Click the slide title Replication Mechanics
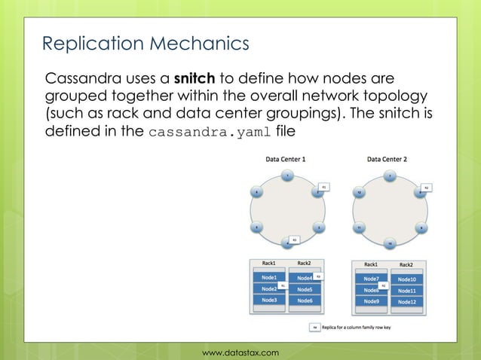(x=145, y=44)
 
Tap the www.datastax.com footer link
(x=240, y=352)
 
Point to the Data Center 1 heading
(x=285, y=160)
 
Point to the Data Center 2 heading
(x=387, y=160)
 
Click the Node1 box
(x=269, y=278)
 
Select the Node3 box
(x=269, y=300)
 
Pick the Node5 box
(x=305, y=289)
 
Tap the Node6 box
(x=305, y=301)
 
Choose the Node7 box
(x=371, y=279)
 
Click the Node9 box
(x=371, y=301)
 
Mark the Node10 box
(x=406, y=279)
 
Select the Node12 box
(x=406, y=301)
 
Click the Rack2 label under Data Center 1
(x=304, y=263)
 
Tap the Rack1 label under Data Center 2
(x=371, y=264)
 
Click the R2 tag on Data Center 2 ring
(x=426, y=186)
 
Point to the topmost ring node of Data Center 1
(x=286, y=176)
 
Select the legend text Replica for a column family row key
(x=358, y=328)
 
